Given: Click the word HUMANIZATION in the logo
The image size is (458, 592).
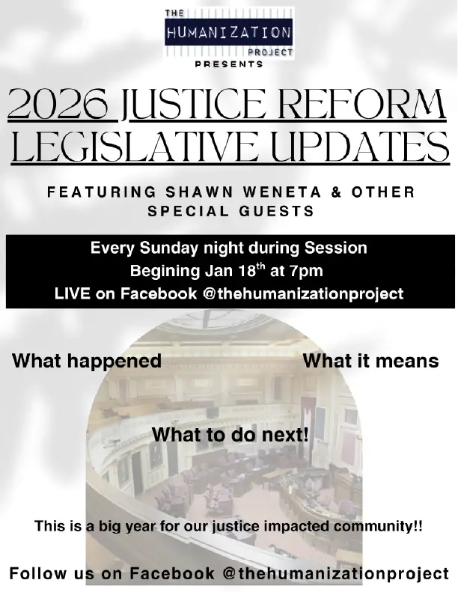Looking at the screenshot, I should (228, 33).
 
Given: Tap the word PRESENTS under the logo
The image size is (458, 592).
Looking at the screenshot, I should (229, 64).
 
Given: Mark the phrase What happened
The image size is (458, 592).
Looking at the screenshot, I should (87, 361).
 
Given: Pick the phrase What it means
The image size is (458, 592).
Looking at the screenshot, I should (370, 361).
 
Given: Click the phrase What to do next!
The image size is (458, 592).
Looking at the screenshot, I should (230, 434).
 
